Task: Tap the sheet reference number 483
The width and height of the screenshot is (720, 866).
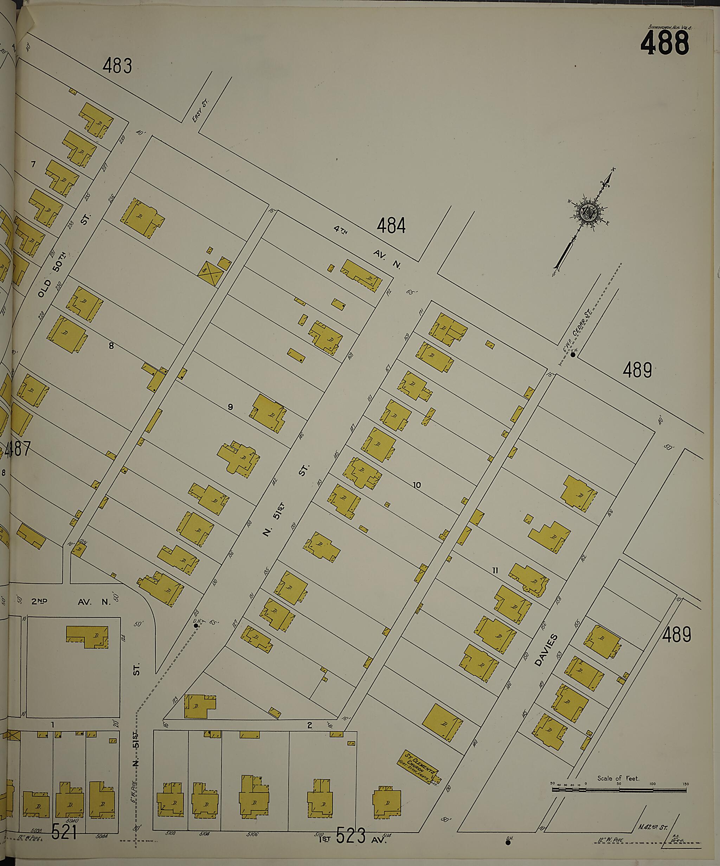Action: (x=117, y=66)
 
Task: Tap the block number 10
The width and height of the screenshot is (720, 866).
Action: (x=417, y=485)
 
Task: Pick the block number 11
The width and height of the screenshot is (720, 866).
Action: (x=495, y=571)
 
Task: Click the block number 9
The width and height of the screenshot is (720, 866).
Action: (x=231, y=408)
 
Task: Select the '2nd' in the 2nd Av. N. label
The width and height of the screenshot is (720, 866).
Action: (x=39, y=601)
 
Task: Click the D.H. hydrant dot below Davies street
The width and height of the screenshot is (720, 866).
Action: (x=508, y=842)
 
